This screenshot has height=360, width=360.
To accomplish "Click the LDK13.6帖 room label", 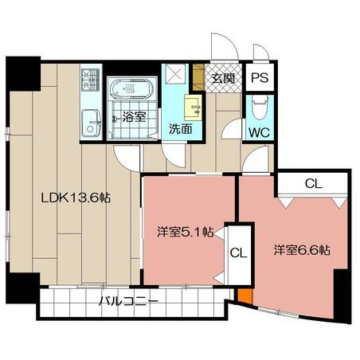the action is tap(76, 198).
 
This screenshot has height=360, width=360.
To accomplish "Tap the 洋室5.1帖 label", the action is tap(186, 232).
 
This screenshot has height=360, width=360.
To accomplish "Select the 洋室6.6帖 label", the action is tap(302, 250).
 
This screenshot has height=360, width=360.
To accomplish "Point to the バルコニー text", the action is tap(128, 301).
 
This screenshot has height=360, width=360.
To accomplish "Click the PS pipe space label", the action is tap(260, 78).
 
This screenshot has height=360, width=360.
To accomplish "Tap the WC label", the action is tap(260, 132).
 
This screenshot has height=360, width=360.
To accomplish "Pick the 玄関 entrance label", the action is tap(223, 78).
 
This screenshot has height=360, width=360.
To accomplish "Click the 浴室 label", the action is tap(135, 117).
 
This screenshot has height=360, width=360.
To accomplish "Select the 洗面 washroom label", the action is tap(181, 129).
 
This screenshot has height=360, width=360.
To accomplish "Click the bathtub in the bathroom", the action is tap(132, 89).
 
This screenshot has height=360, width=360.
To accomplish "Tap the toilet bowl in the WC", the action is tap(260, 107).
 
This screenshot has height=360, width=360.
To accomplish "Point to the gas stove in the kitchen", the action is tap(90, 79).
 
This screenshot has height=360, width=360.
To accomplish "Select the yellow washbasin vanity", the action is tap(194, 108).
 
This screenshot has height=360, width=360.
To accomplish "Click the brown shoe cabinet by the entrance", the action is tap(198, 77).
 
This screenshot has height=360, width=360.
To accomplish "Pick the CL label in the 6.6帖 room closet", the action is tap(314, 183).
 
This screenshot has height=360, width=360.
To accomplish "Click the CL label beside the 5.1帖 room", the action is tap(238, 253).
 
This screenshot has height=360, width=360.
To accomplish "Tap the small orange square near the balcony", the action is tap(245, 295).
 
